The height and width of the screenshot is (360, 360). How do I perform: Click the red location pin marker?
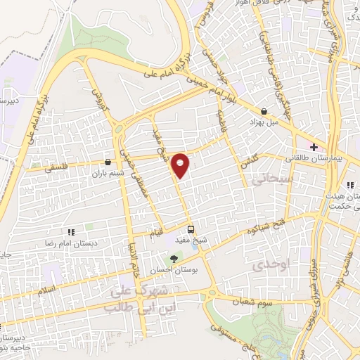[x=181, y=165]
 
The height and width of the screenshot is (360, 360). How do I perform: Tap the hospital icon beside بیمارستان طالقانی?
[x=314, y=148]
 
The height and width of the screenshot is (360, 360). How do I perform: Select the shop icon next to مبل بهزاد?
[x=264, y=110]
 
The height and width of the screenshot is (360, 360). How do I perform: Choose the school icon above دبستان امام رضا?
[x=71, y=231]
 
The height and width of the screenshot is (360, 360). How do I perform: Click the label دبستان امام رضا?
[x=71, y=242]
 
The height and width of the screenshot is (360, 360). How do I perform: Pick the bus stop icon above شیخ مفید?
[x=191, y=229]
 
